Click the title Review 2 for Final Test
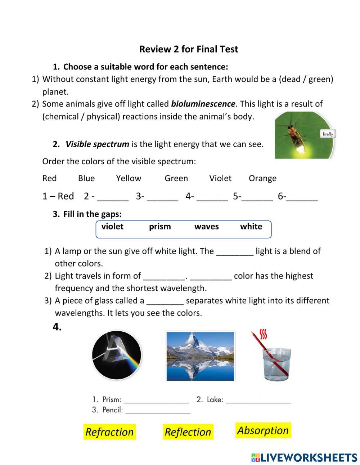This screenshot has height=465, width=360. [189, 49]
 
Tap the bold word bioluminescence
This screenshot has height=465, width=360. [203, 104]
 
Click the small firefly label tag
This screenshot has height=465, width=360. [328, 134]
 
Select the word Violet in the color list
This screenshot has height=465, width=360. [220, 178]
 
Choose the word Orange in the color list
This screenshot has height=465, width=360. [262, 178]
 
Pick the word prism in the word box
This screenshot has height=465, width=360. [160, 227]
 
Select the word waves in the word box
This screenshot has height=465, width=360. [207, 227]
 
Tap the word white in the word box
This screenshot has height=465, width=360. [251, 227]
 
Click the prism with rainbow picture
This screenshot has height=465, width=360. [116, 355]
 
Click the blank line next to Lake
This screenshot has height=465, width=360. [258, 401]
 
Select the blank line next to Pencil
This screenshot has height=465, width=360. [158, 411]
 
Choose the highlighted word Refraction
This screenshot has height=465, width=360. [109, 432]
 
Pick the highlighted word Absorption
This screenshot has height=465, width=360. [263, 430]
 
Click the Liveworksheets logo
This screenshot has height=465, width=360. [304, 457]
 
